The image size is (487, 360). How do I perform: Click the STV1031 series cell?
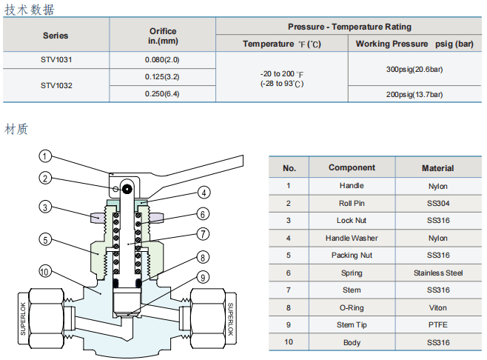56,59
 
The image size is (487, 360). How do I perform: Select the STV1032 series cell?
56,85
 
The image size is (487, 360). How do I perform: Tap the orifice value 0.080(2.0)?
162,59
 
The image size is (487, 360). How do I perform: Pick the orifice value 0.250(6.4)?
162,94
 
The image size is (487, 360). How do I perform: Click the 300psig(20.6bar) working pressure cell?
414,69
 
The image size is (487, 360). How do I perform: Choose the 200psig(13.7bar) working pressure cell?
414,94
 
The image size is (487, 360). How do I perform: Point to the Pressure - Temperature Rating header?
349,27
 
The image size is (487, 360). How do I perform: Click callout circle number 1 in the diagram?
45,156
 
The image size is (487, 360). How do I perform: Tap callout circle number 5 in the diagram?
45,239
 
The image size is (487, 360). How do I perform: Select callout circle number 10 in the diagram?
45,273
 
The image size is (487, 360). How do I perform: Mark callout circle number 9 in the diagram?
203,278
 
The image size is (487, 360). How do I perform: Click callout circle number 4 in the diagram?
203,192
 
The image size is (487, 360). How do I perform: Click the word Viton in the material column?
437,307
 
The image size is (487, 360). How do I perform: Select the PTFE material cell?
437,324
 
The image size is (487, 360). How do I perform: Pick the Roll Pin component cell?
352,203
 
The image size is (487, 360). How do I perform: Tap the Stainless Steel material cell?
437,273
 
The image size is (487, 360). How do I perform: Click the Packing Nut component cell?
352,255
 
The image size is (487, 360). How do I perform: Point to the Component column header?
352,168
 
